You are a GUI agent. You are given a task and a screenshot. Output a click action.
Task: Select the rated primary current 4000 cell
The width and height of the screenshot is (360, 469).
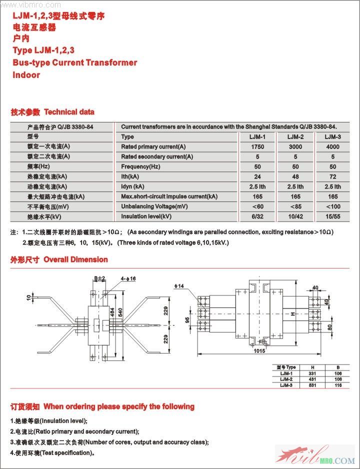click(x=332, y=147)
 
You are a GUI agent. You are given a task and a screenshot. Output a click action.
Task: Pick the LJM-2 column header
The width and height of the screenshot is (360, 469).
click(x=295, y=137)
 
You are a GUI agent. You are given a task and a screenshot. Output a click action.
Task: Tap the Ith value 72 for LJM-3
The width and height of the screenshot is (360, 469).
click(x=332, y=176)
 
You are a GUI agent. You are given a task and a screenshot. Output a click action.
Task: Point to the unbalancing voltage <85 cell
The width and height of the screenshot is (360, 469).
click(x=295, y=206)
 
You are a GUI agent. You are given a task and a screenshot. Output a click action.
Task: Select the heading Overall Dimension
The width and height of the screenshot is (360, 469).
click(x=75, y=259)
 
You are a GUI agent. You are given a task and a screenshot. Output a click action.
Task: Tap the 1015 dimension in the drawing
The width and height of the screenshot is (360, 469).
click(x=258, y=351)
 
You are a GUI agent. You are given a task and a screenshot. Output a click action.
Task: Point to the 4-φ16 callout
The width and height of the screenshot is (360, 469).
click(x=128, y=277)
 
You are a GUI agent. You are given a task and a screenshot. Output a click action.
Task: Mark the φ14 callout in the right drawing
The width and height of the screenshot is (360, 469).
click(x=179, y=285)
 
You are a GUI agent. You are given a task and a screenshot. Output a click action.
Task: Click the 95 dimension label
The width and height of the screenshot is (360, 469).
click(x=187, y=319)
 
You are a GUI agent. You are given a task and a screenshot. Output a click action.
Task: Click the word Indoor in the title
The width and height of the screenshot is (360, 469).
click(x=26, y=75)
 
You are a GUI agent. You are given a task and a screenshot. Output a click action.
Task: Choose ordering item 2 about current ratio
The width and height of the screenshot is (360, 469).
click(x=74, y=431)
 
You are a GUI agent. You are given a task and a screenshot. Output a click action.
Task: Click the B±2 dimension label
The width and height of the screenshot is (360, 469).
click(x=99, y=278)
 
